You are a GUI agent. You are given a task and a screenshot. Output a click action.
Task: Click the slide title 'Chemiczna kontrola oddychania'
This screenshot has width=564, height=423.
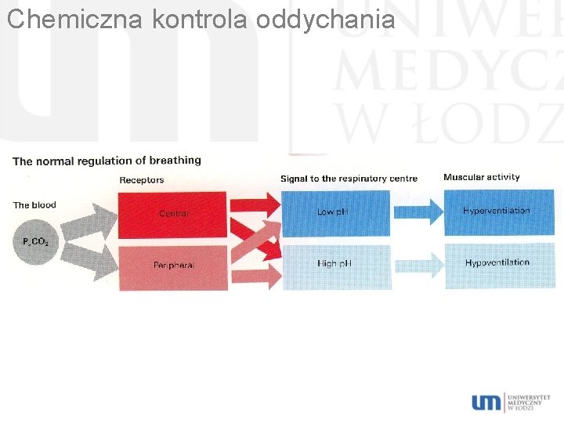[x=201, y=19]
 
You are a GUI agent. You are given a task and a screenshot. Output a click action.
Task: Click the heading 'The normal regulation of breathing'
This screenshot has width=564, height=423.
[x=107, y=161]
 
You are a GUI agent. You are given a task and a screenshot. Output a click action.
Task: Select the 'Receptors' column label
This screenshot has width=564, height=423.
[x=142, y=180]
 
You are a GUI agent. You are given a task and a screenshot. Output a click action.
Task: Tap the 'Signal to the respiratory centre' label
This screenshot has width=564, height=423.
[x=349, y=179]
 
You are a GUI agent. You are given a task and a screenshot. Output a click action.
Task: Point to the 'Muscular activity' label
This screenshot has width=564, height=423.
[x=481, y=177]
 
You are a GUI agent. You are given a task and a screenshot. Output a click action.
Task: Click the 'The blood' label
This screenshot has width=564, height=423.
[x=34, y=205]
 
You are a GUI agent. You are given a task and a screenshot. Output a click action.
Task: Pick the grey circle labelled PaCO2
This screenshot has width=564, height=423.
[x=35, y=241]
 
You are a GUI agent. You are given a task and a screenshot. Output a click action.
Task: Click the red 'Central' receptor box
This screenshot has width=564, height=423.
[x=173, y=213]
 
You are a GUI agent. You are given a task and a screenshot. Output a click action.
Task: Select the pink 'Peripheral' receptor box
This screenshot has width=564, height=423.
[x=173, y=266]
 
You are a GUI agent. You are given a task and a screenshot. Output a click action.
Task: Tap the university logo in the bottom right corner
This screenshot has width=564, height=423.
[x=510, y=402]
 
